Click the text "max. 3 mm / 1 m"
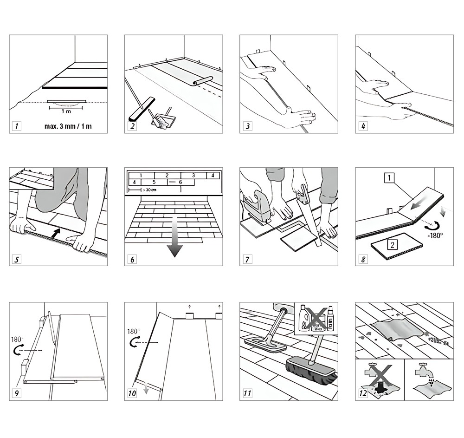click(68, 126)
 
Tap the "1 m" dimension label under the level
click(65, 111)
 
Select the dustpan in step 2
click(162, 121)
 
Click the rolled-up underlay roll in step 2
click(203, 80)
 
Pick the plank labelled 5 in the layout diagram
click(154, 183)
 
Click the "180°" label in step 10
click(133, 332)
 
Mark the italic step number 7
click(248, 259)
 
